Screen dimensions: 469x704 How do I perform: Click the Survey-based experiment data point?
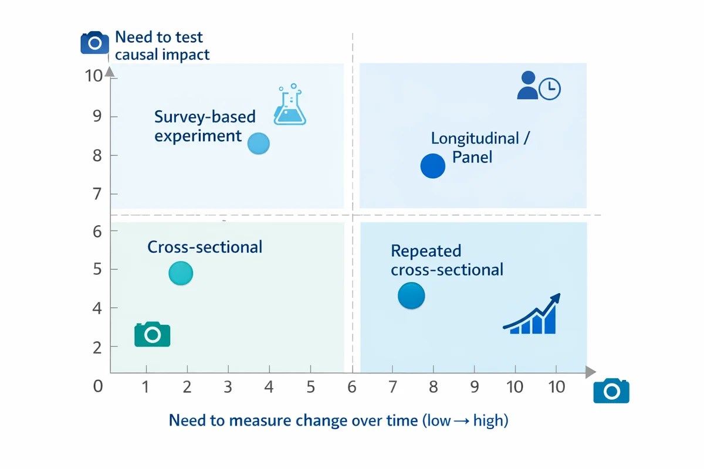[x=258, y=143]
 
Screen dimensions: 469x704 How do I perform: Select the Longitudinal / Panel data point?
[x=433, y=166]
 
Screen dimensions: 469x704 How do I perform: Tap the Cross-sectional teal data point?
[x=181, y=273]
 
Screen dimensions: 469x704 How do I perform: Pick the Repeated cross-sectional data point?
[x=411, y=295]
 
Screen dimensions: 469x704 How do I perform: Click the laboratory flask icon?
[x=290, y=106]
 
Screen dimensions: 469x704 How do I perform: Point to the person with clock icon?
[x=539, y=86]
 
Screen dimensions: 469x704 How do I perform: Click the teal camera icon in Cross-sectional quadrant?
[x=152, y=334]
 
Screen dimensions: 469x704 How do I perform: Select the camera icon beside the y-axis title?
[x=94, y=43]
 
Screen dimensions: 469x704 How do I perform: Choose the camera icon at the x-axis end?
[x=611, y=391]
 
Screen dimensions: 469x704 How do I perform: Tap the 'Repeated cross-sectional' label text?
[x=446, y=260]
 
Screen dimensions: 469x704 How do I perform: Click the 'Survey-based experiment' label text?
[x=205, y=126]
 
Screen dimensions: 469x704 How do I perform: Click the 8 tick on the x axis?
[x=434, y=387]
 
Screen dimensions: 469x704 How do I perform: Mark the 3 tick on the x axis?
[x=228, y=387]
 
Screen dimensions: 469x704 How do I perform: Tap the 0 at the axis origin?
[x=97, y=386]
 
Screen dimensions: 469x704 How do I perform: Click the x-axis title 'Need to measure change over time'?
[x=338, y=420]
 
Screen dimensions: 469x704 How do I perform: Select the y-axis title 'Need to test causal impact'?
[x=161, y=46]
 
